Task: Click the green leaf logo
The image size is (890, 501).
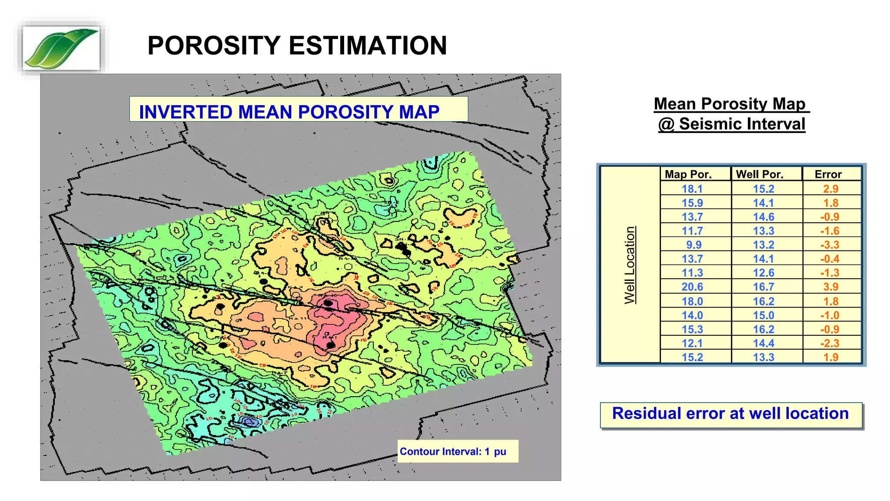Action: [x=61, y=48]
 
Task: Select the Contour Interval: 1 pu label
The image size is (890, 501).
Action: [x=453, y=451]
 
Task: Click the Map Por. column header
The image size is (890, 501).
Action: [x=688, y=174]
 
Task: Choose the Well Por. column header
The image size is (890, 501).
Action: [x=760, y=174]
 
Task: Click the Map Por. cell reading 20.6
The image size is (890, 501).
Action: [x=692, y=287]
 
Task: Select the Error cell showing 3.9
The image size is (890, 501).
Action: [x=830, y=287]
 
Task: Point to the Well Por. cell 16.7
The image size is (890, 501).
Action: [x=764, y=287]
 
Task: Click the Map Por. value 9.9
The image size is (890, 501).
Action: [x=694, y=245]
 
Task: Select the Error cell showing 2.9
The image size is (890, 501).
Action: [x=830, y=189]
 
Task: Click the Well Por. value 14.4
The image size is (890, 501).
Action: [x=764, y=343]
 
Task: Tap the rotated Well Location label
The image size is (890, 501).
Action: [x=630, y=265]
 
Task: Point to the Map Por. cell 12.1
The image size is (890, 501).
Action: [x=692, y=343]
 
